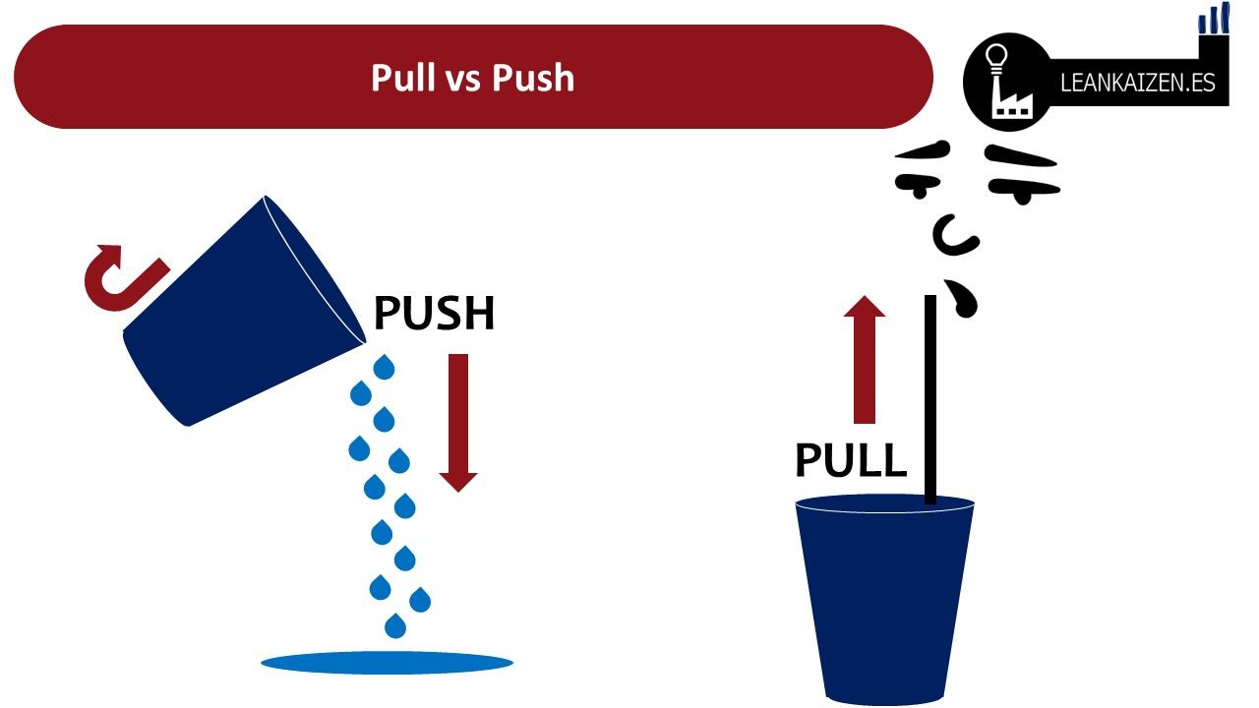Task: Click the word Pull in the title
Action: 401,78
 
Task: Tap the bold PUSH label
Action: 434,314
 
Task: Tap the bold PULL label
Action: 850,460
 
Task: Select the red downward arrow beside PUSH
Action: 458,422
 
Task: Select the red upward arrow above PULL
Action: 865,359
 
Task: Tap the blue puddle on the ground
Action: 387,663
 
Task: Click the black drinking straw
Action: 930,398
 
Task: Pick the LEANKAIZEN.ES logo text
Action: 1138,84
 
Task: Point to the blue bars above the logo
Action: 1215,20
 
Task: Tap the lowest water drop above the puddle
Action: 395,625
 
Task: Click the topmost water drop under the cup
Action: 384,368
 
